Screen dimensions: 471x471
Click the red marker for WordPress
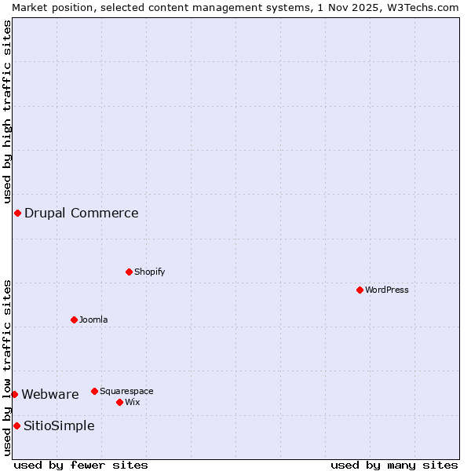[360, 290]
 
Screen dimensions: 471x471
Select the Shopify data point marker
[130, 272]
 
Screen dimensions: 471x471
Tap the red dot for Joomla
[75, 320]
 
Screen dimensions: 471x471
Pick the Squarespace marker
[95, 392]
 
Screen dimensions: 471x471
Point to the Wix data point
[120, 403]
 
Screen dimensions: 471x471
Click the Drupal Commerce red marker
[17, 214]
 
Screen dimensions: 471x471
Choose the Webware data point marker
[14, 395]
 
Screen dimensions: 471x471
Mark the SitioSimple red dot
[16, 426]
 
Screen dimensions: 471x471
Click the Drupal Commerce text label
[82, 214]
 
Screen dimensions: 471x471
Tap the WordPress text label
[387, 290]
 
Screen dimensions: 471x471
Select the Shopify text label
[150, 272]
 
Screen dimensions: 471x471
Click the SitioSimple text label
[59, 426]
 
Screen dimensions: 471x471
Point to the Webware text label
[50, 395]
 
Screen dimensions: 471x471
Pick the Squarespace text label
[126, 392]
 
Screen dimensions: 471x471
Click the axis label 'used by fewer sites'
[81, 465]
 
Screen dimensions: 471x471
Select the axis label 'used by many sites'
[394, 465]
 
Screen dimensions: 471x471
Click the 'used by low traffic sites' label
[8, 367]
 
